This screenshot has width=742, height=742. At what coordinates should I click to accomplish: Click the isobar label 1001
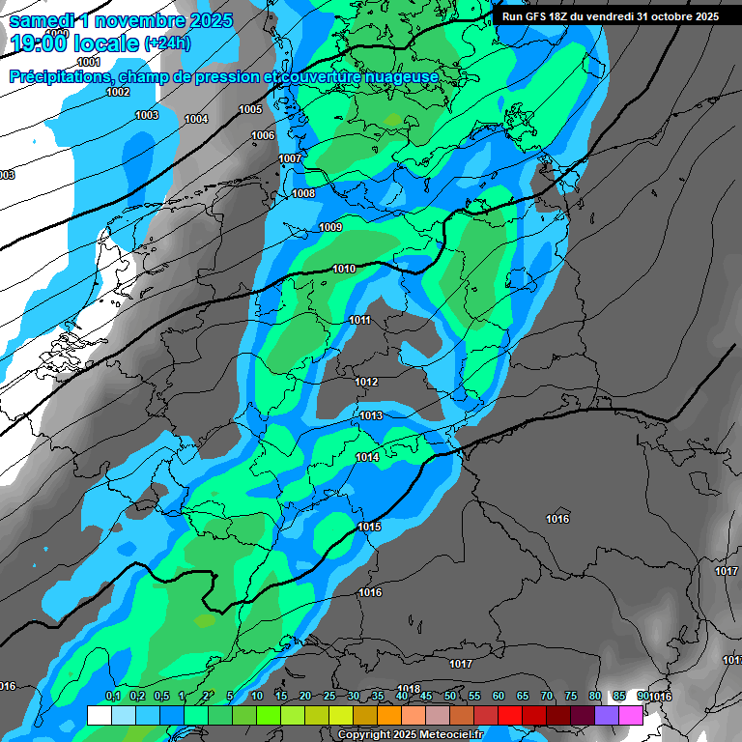coord(89,62)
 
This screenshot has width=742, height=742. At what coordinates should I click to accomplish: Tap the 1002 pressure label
coord(118,93)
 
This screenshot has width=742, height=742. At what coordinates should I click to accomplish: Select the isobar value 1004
coord(196,120)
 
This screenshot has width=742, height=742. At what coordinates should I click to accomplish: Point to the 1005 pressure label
coord(250,110)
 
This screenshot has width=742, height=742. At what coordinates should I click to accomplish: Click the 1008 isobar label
coord(303,194)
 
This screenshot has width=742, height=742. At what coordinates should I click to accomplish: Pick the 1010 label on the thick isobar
coord(343,270)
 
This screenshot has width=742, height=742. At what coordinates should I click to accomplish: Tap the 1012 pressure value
coord(366,383)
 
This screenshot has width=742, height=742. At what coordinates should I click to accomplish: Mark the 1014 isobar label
coord(367,458)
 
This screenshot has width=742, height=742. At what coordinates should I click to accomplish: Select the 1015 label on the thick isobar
coord(369,528)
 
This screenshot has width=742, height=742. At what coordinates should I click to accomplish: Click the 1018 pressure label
coord(408,689)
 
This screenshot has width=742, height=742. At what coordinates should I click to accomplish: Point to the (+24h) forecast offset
coord(167,43)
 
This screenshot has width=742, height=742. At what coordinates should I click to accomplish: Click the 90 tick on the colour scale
coord(642,697)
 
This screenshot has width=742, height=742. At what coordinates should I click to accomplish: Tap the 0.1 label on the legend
coord(112,697)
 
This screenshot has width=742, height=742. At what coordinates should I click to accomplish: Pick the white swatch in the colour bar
coord(99,715)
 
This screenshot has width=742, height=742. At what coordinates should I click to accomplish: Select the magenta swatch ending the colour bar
coord(631,715)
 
